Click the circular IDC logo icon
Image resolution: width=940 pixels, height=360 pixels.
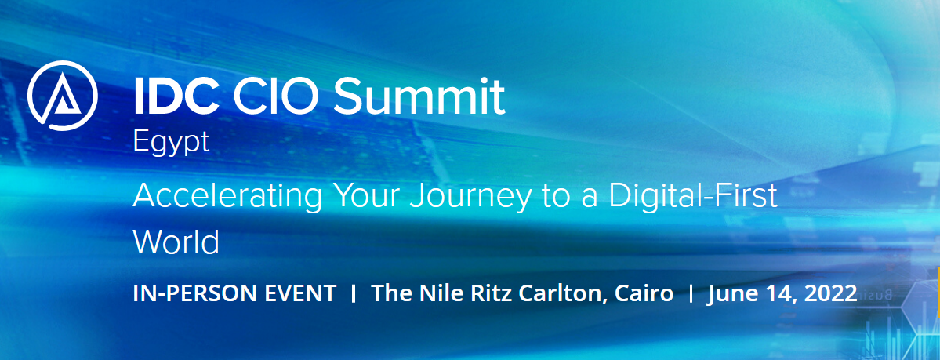[x=63, y=96]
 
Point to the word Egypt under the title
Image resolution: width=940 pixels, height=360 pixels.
[x=171, y=143]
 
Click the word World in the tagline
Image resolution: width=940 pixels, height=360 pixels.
[x=176, y=242]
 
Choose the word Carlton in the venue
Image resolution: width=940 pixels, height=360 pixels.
[x=561, y=294]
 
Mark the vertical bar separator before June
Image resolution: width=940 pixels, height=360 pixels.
[x=691, y=294]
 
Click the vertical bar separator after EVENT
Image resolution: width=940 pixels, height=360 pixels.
[x=354, y=294]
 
